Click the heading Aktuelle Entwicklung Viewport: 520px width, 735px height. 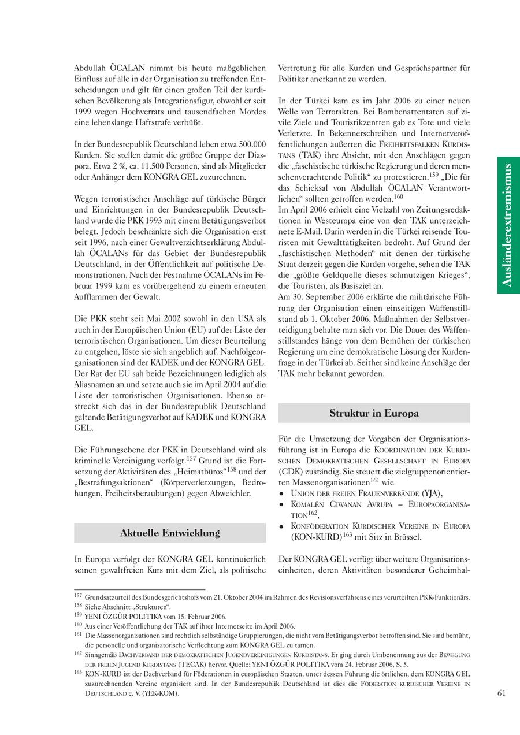[170, 533]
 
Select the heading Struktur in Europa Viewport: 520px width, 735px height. [374, 413]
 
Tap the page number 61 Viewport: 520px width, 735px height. [502, 693]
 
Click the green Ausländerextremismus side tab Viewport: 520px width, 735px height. [508, 225]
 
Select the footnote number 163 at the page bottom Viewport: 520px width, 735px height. [78, 673]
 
